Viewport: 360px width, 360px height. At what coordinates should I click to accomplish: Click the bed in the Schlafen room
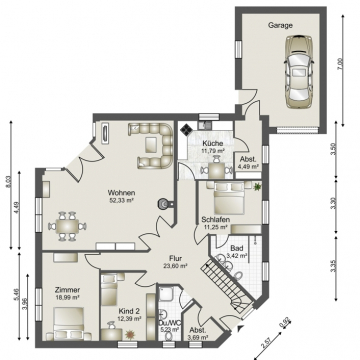point(222,190)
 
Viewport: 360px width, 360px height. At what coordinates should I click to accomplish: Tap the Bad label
point(237,246)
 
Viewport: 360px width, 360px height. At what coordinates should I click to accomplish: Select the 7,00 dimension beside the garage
point(340,63)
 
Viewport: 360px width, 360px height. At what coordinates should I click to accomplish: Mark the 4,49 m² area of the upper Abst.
point(247,167)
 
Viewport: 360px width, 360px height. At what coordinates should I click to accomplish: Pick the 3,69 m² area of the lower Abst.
point(198,338)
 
